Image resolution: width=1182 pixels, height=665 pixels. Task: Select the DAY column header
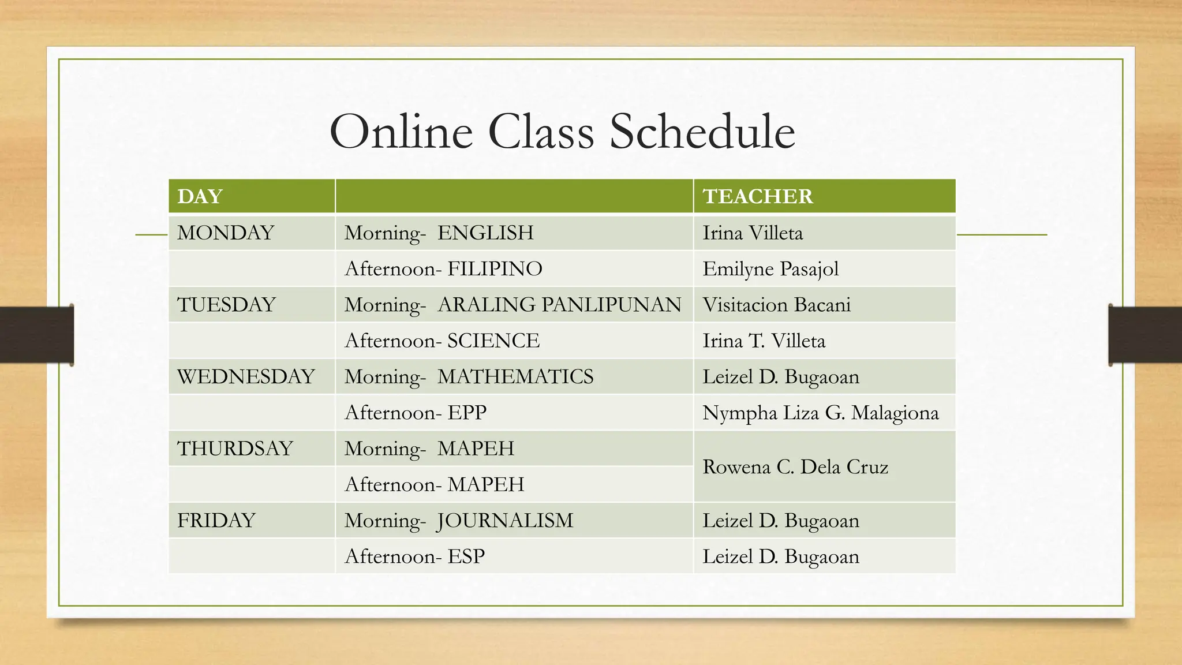(x=200, y=196)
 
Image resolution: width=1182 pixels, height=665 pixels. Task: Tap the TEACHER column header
(x=757, y=196)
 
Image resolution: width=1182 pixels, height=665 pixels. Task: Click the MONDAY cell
(x=225, y=233)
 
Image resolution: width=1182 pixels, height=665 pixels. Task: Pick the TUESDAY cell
(x=226, y=304)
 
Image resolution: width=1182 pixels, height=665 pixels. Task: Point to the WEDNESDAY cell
(x=246, y=376)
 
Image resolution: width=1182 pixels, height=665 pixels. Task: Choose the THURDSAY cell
(x=235, y=448)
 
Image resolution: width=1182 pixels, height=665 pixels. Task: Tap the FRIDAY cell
(x=216, y=520)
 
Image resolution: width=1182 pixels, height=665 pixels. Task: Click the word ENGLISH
(x=485, y=233)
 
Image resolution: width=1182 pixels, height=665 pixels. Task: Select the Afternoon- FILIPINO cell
(x=443, y=268)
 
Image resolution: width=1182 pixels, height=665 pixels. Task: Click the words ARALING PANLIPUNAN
(x=559, y=304)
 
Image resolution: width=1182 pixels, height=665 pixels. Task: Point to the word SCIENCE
(x=493, y=341)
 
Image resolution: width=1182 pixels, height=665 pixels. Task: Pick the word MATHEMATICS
(x=515, y=376)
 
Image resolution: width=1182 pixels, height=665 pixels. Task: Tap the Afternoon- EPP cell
(x=416, y=412)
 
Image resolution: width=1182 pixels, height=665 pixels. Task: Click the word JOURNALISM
(x=505, y=520)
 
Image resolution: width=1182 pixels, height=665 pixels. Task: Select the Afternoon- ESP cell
(x=414, y=556)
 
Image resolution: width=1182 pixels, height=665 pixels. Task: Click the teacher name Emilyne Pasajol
(x=770, y=268)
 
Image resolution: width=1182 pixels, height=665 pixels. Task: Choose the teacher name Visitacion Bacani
(x=776, y=304)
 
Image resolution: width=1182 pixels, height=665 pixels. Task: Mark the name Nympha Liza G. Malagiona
(x=820, y=412)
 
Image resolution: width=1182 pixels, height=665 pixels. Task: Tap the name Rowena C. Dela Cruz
(x=795, y=466)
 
